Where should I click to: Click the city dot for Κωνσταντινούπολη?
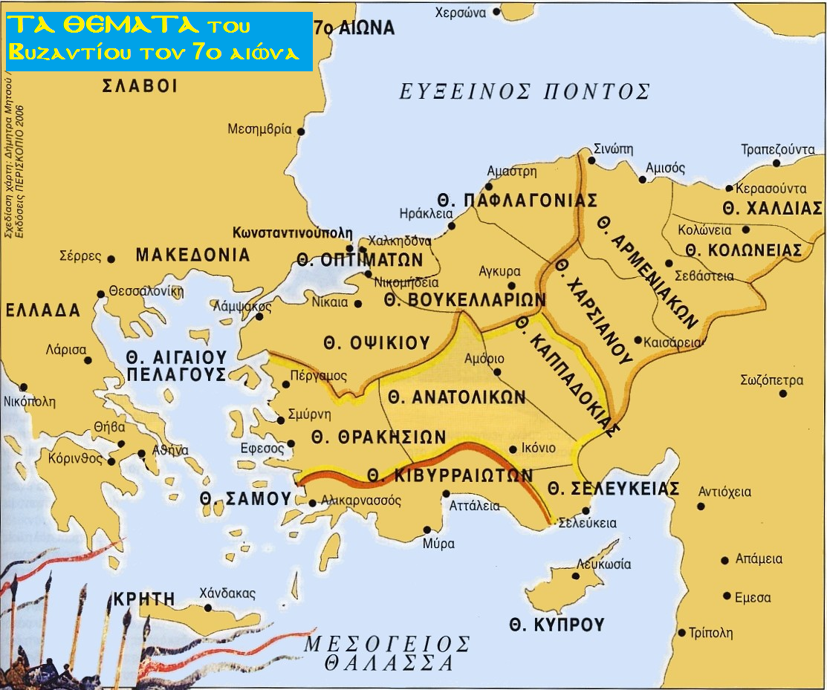pyautogui.click(x=350, y=249)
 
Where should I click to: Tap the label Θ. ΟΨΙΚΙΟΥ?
pyautogui.click(x=377, y=342)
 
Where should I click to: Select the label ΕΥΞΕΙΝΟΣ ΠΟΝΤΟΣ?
pyautogui.click(x=525, y=92)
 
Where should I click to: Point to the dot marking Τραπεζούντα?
pyautogui.click(x=776, y=163)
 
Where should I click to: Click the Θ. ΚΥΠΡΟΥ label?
pyautogui.click(x=557, y=625)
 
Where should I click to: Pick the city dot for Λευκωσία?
pyautogui.click(x=575, y=576)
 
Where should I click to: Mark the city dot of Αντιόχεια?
pyautogui.click(x=701, y=507)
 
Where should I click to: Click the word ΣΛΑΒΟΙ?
pyautogui.click(x=140, y=86)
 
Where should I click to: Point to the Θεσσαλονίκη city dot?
pyautogui.click(x=101, y=294)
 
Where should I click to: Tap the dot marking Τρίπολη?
pyautogui.click(x=682, y=633)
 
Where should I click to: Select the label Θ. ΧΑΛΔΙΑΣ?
pyautogui.click(x=772, y=208)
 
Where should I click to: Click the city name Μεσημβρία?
pyautogui.click(x=259, y=128)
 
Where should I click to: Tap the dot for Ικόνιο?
pyautogui.click(x=512, y=449)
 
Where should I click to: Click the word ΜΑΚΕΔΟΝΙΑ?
pyautogui.click(x=192, y=256)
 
